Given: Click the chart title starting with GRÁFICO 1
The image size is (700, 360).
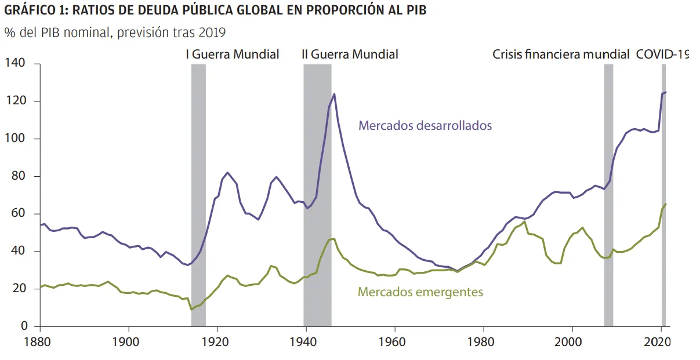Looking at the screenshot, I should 215,11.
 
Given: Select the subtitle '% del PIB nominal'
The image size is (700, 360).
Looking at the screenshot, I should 115,32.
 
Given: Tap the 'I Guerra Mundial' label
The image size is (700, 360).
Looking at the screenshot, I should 232,54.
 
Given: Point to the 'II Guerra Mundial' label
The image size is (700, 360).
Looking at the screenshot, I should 350,54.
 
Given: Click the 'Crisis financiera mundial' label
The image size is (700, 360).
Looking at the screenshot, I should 561,54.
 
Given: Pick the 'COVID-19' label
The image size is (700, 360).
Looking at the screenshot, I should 662,54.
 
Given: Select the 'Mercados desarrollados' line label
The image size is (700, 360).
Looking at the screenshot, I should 425,125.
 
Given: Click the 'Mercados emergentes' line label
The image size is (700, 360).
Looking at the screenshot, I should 420,292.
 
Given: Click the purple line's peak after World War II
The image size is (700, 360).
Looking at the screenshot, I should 334,94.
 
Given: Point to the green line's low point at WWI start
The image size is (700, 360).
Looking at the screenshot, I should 192,310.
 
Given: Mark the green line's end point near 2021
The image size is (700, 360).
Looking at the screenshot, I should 666,203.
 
